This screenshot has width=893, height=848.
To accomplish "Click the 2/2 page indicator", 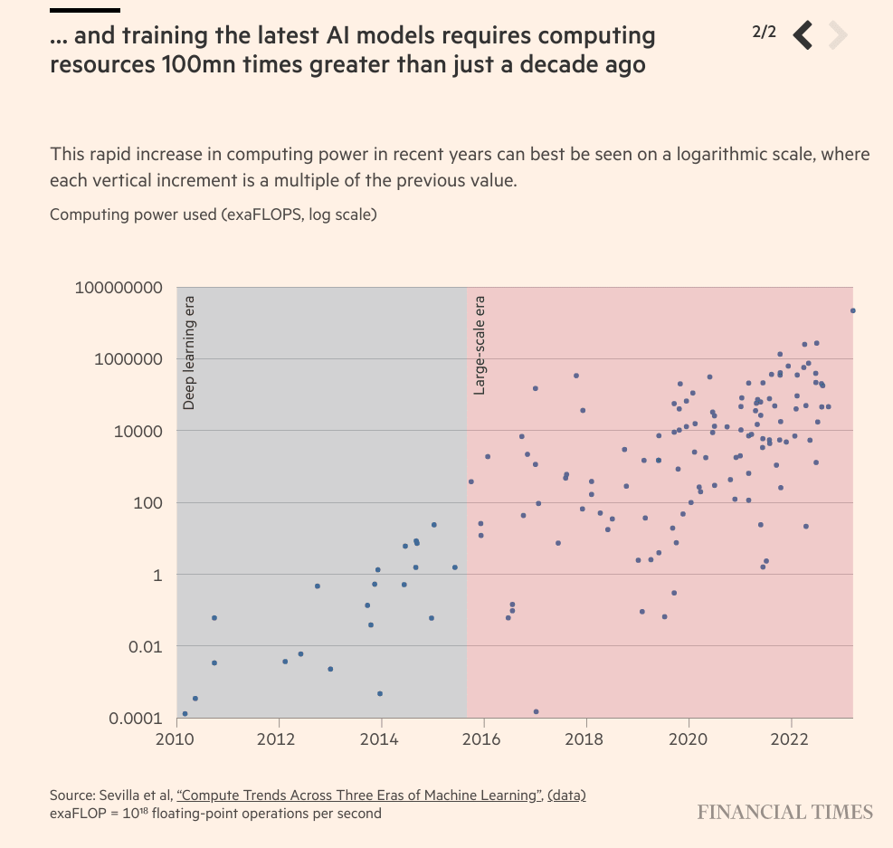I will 764,33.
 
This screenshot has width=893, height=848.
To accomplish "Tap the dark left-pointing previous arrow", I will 803,34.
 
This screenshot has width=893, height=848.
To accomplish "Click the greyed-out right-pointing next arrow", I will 837,34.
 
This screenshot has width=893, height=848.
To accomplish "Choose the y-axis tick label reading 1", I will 157,575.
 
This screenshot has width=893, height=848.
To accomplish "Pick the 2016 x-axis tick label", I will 484,738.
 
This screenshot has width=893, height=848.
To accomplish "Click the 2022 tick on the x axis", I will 792,738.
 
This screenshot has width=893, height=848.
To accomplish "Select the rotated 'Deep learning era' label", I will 189,352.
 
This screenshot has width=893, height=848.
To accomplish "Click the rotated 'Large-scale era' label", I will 480,345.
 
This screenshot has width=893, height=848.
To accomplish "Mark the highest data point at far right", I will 852,310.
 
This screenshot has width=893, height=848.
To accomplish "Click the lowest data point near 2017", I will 536,711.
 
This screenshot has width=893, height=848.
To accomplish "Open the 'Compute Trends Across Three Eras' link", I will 359,796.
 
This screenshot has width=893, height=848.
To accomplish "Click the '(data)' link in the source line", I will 567,796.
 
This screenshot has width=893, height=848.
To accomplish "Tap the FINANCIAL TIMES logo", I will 784,812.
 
